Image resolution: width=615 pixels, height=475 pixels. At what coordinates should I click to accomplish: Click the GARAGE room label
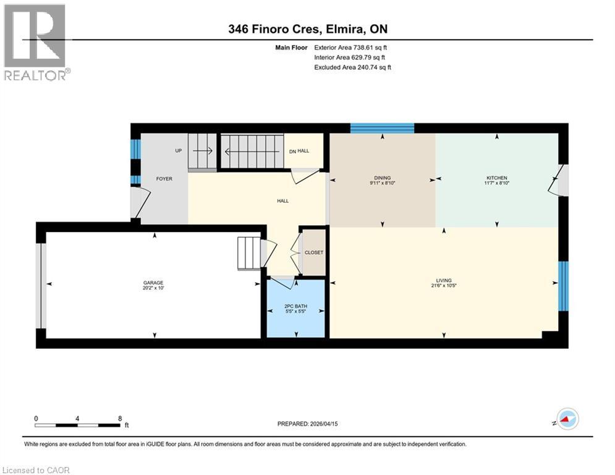pyautogui.click(x=153, y=283)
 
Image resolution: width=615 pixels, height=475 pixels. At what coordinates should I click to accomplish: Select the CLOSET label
pyautogui.click(x=313, y=252)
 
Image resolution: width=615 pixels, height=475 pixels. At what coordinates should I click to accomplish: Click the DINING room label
pyautogui.click(x=380, y=178)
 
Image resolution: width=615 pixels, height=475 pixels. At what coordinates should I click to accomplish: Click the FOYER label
pyautogui.click(x=164, y=179)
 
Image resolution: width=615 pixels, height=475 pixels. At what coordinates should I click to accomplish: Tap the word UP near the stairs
pyautogui.click(x=178, y=150)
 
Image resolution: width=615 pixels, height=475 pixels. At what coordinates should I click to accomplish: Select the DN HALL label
pyautogui.click(x=300, y=150)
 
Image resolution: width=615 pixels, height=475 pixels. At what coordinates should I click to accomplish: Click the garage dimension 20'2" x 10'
pyautogui.click(x=153, y=288)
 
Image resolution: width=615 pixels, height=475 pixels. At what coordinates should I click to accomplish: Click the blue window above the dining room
pyautogui.click(x=382, y=128)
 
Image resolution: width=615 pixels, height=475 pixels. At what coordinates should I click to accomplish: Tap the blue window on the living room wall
pyautogui.click(x=563, y=286)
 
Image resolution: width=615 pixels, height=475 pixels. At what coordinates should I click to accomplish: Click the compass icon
pyautogui.click(x=567, y=419)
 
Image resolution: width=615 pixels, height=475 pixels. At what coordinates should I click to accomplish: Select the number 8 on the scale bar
pyautogui.click(x=119, y=419)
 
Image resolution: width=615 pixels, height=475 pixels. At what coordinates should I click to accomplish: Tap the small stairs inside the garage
pyautogui.click(x=249, y=252)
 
